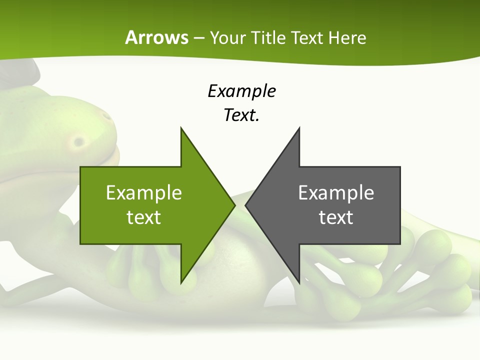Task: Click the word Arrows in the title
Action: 156,37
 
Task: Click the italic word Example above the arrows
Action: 241,91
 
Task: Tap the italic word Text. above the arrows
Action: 241,115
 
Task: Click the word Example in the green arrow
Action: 143,192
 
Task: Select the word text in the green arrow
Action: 143,217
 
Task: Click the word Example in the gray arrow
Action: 336,192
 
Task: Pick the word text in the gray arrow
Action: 336,217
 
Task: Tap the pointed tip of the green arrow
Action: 234,205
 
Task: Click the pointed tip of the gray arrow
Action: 246,205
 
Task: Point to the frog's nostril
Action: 79,142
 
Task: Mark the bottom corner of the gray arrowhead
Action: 299,282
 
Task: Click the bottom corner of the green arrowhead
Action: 181,282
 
